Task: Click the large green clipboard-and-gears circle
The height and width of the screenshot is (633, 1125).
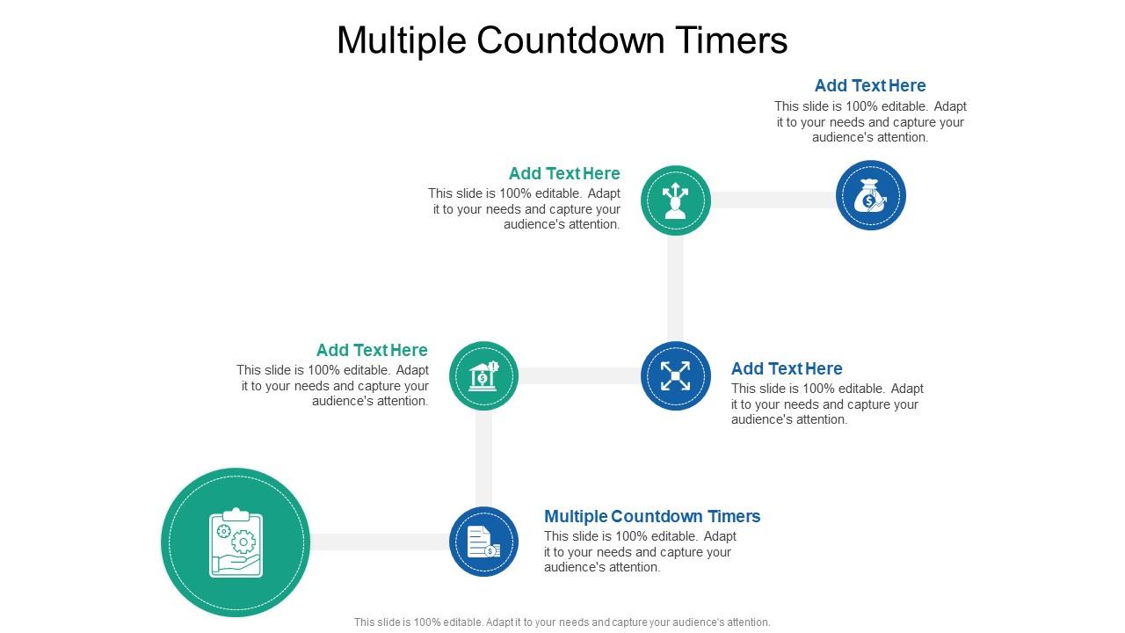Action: point(236,542)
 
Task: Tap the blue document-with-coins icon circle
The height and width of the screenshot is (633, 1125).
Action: point(483,542)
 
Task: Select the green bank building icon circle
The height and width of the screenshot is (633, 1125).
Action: point(483,376)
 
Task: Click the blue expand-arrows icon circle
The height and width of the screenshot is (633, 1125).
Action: point(675,376)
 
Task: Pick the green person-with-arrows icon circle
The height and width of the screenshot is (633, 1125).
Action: point(675,200)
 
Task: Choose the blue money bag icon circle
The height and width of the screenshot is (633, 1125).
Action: point(870,196)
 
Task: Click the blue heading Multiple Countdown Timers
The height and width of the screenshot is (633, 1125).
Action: point(652,516)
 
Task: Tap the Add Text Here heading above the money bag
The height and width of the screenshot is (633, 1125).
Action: point(870,85)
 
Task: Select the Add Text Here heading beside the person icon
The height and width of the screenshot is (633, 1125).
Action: point(564,173)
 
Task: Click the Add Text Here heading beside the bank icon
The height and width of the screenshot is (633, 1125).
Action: point(372,350)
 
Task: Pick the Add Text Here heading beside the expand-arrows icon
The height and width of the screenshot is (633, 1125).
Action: point(787,368)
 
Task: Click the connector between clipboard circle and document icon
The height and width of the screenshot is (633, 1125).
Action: point(379,542)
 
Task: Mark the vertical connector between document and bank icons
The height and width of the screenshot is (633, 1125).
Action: point(483,458)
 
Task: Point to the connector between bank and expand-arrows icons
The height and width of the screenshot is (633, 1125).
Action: point(579,376)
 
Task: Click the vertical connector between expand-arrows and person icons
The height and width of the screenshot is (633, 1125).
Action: point(675,288)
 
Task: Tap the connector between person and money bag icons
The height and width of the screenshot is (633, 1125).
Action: point(773,200)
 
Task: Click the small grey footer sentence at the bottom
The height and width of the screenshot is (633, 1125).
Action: point(562,622)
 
